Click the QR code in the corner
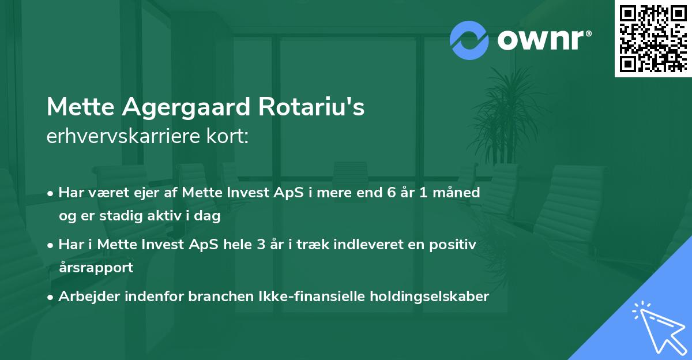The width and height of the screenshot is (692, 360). tap(653, 38)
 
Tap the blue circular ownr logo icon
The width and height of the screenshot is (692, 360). tap(469, 40)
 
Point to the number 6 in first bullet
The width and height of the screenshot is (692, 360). tap(393, 193)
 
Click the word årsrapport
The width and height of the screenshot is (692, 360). tap(95, 268)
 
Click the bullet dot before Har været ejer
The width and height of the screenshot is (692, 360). tap(51, 193)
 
